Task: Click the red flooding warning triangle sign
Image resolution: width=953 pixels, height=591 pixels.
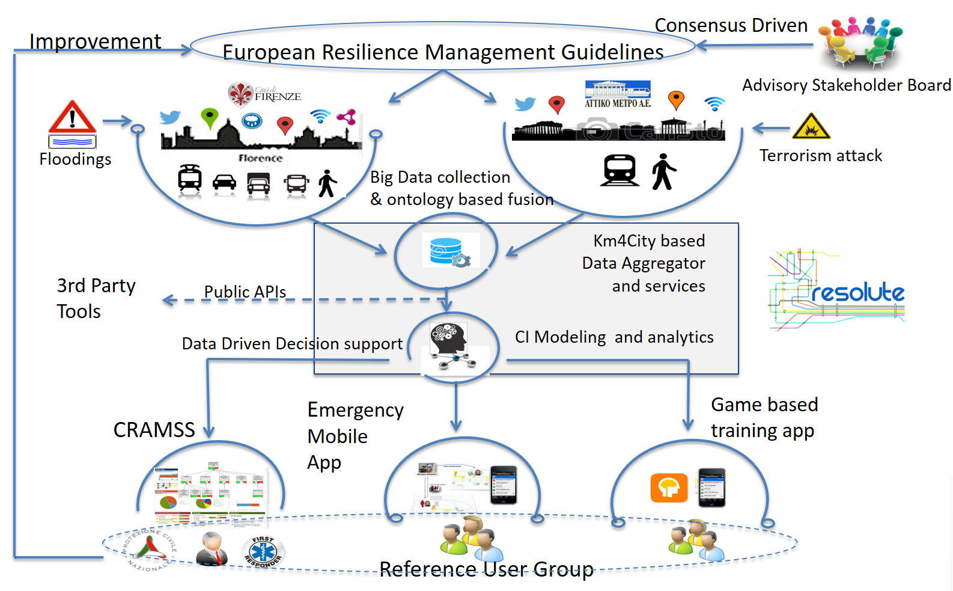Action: click(72, 117)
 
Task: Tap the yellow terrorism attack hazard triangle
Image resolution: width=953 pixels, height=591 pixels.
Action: click(811, 127)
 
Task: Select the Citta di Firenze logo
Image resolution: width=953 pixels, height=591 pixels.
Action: click(264, 94)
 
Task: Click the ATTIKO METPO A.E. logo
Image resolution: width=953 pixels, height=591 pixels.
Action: click(618, 94)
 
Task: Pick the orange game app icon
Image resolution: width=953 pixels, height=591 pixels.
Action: click(669, 487)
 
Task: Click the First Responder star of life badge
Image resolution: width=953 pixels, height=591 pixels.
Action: click(263, 552)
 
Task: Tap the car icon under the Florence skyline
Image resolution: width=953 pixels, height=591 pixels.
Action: click(224, 182)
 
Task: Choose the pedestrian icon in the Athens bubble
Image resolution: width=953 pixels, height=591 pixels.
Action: click(663, 171)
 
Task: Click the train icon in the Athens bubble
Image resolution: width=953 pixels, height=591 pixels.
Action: click(620, 170)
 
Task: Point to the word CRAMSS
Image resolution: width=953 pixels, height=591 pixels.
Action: click(154, 430)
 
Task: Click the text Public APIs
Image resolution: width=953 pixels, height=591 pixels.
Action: click(245, 292)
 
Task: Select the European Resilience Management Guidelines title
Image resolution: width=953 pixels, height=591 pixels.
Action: click(443, 52)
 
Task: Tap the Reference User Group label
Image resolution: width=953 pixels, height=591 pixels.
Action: click(486, 569)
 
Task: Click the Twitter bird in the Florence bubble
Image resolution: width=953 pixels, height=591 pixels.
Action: click(170, 117)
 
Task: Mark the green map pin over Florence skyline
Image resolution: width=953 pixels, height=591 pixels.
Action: click(209, 117)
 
